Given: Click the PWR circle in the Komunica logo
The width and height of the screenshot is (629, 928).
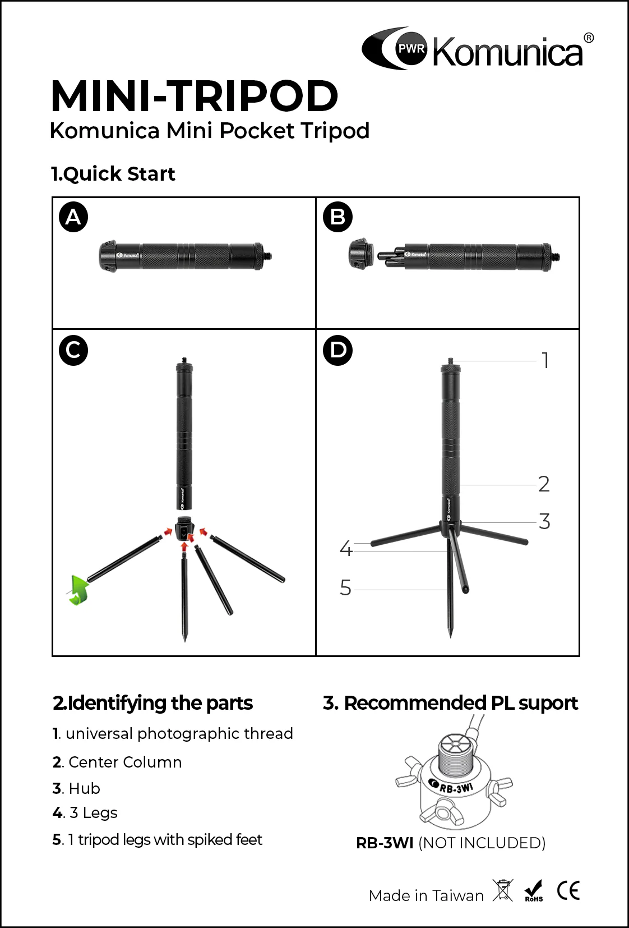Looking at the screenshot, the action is click(x=411, y=48).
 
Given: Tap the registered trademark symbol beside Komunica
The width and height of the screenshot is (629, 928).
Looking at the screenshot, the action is click(x=589, y=38).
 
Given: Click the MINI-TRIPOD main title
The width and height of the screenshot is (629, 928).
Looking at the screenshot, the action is click(x=195, y=96).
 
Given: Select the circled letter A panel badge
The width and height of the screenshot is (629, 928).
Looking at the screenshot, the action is click(x=73, y=217).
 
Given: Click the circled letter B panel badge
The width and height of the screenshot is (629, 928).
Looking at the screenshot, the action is click(x=337, y=217).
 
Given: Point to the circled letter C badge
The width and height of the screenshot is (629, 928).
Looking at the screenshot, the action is click(x=73, y=351).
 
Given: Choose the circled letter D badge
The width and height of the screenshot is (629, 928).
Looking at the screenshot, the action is click(x=337, y=351).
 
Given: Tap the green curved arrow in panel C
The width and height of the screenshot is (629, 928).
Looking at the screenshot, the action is click(x=78, y=590).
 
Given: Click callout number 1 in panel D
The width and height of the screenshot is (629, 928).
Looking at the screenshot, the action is click(x=546, y=360).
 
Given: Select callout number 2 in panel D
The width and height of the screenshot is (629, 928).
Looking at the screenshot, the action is click(x=544, y=484).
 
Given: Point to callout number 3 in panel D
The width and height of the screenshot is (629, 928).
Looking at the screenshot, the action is click(x=544, y=521).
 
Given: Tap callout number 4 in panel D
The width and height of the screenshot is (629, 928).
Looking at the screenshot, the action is click(x=346, y=549).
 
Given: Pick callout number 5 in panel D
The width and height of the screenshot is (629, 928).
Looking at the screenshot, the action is click(x=345, y=587).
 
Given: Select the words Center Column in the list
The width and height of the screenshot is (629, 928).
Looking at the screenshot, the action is click(x=125, y=762).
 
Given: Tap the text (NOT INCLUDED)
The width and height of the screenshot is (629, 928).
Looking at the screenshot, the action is click(x=482, y=843).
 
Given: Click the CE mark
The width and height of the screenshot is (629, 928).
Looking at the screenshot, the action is click(x=568, y=890).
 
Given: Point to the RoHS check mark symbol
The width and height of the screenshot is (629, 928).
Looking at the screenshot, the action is click(x=533, y=891).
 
